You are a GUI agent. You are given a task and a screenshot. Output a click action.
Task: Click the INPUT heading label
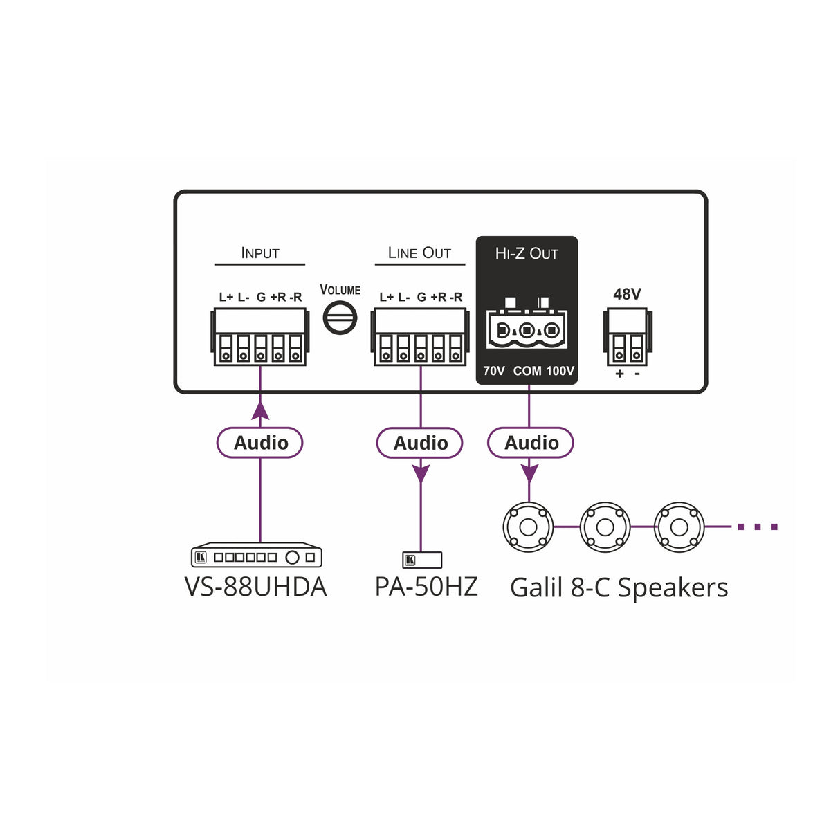260,253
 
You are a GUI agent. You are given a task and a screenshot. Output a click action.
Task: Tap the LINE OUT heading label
419,253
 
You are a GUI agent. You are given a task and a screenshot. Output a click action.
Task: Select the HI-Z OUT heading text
527,254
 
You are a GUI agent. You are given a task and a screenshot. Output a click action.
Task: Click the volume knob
340,319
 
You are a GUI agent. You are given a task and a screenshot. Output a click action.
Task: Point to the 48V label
627,294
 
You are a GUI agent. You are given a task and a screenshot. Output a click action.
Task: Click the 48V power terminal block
628,338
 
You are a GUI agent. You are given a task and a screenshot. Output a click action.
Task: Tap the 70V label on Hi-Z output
494,371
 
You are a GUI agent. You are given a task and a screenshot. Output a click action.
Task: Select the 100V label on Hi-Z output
560,371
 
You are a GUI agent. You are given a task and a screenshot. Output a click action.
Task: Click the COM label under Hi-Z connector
527,371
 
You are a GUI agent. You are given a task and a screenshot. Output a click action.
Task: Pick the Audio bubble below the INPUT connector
260,443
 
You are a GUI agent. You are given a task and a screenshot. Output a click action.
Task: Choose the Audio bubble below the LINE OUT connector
420,443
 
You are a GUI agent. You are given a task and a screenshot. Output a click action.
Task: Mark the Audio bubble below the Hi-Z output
531,443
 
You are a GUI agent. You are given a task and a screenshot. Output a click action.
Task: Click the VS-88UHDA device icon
257,556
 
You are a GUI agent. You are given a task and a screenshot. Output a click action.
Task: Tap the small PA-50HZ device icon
422,560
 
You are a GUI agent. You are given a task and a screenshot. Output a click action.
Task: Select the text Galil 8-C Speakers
619,587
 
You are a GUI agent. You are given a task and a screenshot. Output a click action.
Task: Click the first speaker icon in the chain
528,527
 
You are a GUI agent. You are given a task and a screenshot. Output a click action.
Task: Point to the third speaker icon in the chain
679,527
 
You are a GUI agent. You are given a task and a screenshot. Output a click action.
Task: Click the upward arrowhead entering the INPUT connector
260,410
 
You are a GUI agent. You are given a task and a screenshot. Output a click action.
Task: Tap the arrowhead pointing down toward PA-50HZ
421,474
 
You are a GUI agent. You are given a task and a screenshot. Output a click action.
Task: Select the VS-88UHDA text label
255,587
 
